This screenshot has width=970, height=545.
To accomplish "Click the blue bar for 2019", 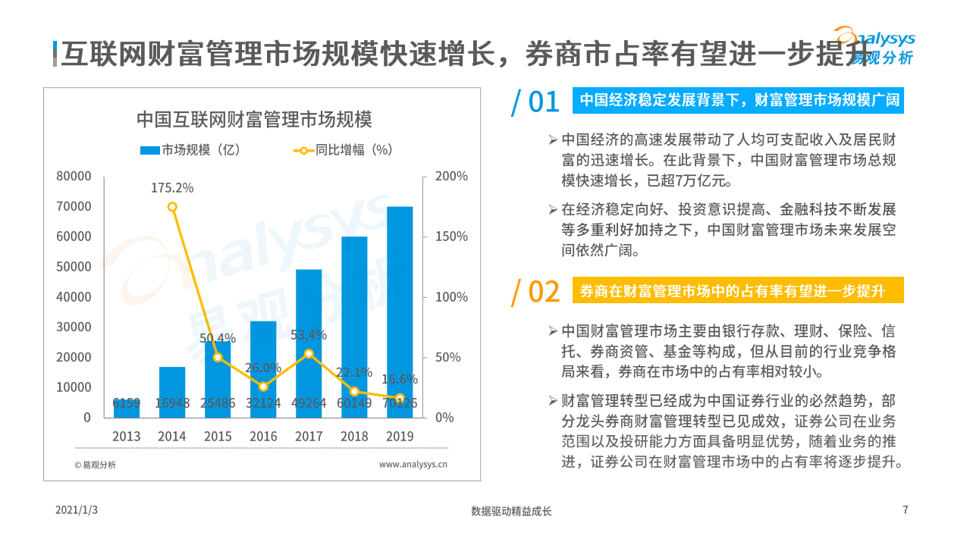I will (400, 312).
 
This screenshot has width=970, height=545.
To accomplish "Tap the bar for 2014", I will (172, 392).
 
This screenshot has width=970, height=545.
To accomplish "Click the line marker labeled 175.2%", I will (172, 207).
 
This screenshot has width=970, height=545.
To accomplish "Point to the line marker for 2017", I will (309, 354).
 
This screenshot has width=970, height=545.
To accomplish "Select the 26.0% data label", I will (263, 368).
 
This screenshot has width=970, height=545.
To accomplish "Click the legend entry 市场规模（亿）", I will (190, 150).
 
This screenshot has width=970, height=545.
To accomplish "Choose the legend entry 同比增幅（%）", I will (344, 150).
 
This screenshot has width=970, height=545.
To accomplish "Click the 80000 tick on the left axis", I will (74, 176).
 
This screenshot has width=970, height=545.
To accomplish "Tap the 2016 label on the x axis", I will (263, 437).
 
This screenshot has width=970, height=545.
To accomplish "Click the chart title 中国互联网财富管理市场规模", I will (254, 119).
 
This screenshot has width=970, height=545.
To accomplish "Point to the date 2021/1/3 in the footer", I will (77, 511).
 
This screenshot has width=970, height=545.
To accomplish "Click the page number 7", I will (905, 510).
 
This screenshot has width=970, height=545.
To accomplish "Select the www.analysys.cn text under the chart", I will (413, 465).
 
